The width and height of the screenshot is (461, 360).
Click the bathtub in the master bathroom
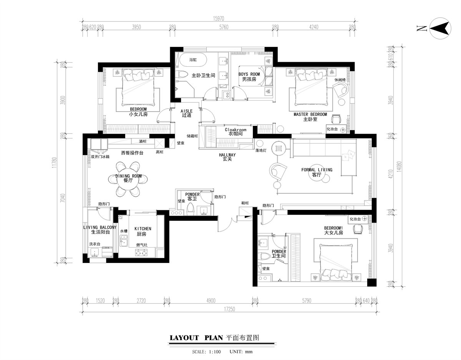click(193, 60)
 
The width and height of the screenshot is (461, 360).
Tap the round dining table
click(128, 179)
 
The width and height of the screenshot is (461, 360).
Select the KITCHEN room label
click(143, 229)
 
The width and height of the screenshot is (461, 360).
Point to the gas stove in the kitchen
click(141, 253)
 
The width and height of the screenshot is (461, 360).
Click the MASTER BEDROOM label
click(310, 114)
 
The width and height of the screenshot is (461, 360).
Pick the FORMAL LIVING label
click(317, 170)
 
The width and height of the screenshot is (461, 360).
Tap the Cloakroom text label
click(235, 130)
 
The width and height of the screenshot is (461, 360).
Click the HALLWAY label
click(227, 155)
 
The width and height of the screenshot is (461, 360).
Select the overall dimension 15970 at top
click(219, 19)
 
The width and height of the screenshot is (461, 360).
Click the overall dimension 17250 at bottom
click(230, 309)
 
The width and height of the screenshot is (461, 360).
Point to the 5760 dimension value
click(224, 27)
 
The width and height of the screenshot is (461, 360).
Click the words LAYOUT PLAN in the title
click(196, 338)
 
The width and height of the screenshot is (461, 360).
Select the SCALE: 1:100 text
click(206, 352)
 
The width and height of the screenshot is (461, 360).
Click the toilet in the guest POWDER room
click(191, 209)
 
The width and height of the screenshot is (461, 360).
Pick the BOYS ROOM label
click(249, 74)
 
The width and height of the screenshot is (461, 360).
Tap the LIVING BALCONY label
click(100, 227)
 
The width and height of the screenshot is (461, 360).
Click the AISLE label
click(186, 111)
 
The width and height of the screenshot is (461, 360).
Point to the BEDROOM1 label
click(333, 228)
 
